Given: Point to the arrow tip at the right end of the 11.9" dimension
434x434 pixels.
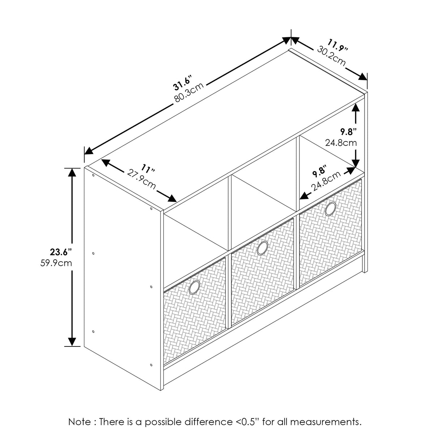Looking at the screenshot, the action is coord(367,80).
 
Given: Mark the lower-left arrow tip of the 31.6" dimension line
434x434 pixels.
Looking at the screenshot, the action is coord(85,154).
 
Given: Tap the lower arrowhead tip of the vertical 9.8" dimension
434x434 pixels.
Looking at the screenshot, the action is coord(356,168).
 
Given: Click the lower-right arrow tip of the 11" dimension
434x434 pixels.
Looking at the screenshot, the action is coord(176,202).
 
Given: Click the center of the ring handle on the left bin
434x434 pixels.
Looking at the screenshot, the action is coord(194,288).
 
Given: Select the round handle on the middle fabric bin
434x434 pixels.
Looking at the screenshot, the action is coord(262,248).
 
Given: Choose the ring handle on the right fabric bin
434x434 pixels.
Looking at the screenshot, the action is coord(331,209).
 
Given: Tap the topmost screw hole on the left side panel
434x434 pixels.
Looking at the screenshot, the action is coord(93,175).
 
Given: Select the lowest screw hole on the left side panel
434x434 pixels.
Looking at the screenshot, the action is coord(151,365).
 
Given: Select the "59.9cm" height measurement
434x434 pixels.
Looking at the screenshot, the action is coord(56,263).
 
